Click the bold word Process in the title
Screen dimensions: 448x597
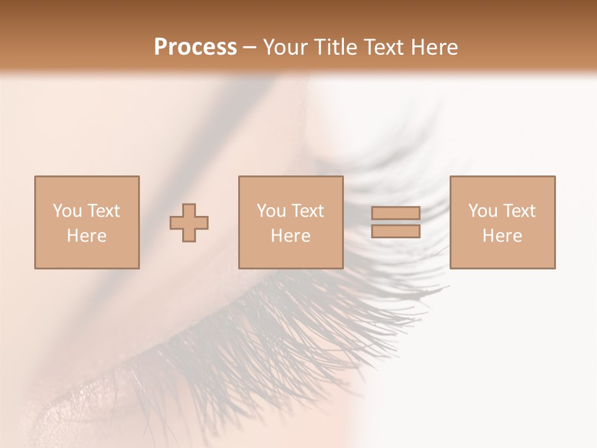(x=195, y=47)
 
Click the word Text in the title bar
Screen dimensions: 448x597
(x=386, y=47)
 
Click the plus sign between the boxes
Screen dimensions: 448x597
(x=189, y=222)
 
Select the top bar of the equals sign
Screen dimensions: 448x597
(x=396, y=213)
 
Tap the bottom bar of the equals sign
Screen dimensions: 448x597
(x=396, y=231)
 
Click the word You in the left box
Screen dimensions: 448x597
(x=67, y=211)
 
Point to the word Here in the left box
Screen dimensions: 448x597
(x=86, y=236)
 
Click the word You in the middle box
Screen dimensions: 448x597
(x=271, y=211)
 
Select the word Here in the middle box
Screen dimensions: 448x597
(x=290, y=236)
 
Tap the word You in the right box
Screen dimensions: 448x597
(x=483, y=211)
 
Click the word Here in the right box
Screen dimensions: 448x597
(x=502, y=236)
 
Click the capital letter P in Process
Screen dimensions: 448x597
(x=162, y=47)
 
